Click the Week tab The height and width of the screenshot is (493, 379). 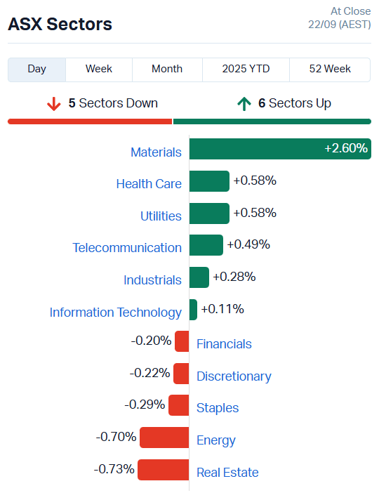tap(99, 69)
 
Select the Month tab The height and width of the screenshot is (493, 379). tap(167, 69)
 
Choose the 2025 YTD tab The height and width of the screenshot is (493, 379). tap(246, 69)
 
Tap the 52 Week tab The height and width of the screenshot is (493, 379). tap(330, 69)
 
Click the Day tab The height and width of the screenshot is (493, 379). tap(37, 69)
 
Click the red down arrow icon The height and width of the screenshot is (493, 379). tap(54, 104)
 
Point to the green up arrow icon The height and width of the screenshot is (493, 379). tap(244, 104)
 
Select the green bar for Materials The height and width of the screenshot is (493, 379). tap(279, 149)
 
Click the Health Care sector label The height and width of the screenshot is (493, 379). tap(149, 184)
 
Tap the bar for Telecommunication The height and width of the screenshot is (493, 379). tap(206, 245)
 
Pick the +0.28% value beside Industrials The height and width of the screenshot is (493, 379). tap(234, 277)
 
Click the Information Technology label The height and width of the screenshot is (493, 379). tap(115, 313)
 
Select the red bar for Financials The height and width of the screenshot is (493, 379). tap(182, 342)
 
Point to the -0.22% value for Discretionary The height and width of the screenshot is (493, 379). tap(149, 373)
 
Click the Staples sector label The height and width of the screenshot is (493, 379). tap(218, 408)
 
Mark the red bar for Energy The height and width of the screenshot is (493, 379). tap(164, 438)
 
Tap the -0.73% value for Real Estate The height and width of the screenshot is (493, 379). tap(114, 468)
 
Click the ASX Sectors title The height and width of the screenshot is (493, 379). tap(60, 24)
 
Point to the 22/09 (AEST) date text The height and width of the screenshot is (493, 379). tap(339, 25)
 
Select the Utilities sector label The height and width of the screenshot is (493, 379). tap(161, 216)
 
